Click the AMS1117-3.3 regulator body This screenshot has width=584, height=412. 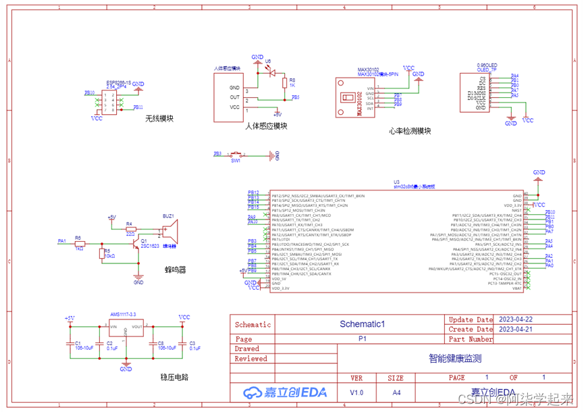coord(126,329)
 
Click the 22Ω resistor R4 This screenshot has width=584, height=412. coord(130,229)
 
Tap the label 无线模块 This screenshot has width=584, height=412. coord(159,119)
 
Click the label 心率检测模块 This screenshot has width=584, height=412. coord(410,131)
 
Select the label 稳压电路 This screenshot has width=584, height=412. coord(174,377)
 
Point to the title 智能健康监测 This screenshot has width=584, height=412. coord(454,359)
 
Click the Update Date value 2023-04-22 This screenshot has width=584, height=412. coord(515,319)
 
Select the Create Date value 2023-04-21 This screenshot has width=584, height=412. coord(515,329)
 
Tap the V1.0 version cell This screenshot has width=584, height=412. coord(356,392)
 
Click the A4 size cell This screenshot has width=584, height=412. coord(396,392)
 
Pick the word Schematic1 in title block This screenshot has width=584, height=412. coord(362,324)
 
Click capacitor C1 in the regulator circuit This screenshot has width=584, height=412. coord(70,342)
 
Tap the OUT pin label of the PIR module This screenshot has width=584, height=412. coord(234,97)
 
